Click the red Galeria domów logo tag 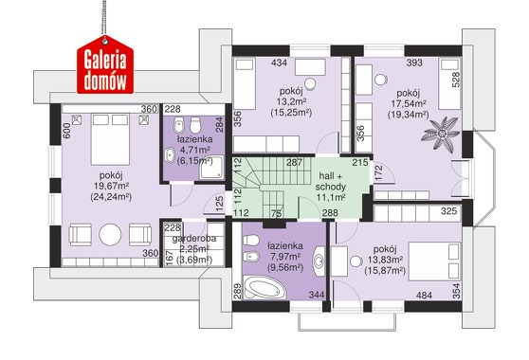(x=105, y=65)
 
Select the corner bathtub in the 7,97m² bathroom (x=265, y=287)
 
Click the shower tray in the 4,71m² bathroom (x=211, y=167)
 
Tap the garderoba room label (x=194, y=239)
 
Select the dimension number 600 (x=66, y=131)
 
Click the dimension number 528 (x=455, y=80)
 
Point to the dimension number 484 (x=424, y=296)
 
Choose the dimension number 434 (x=279, y=63)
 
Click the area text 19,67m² (x=112, y=186)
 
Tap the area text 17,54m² (x=409, y=103)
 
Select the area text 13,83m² (x=385, y=260)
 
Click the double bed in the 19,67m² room (x=110, y=139)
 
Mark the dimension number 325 (x=449, y=211)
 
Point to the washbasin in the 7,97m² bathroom (x=319, y=261)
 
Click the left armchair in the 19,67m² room (x=81, y=235)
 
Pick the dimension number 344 (x=317, y=295)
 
